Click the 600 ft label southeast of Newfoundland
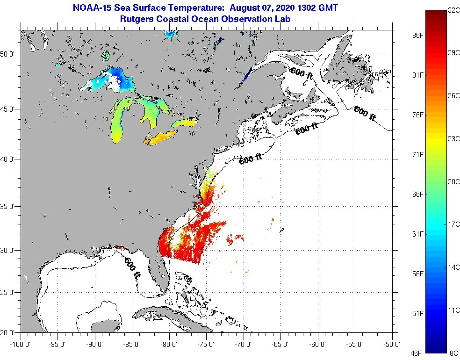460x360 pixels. click(365, 114)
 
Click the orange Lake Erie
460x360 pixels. click(161, 137)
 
